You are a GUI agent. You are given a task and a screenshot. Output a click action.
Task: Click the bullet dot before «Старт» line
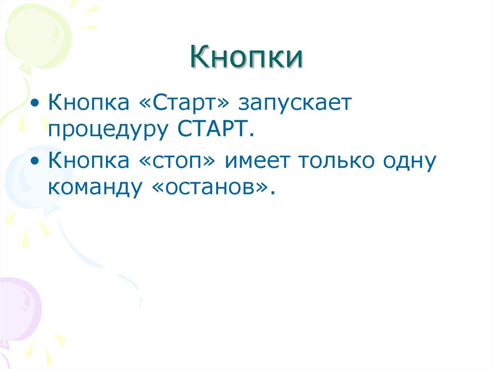click(x=38, y=104)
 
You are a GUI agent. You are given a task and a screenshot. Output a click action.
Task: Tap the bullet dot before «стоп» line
click(x=38, y=162)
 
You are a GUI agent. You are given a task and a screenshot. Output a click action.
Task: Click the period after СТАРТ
click(x=251, y=135)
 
